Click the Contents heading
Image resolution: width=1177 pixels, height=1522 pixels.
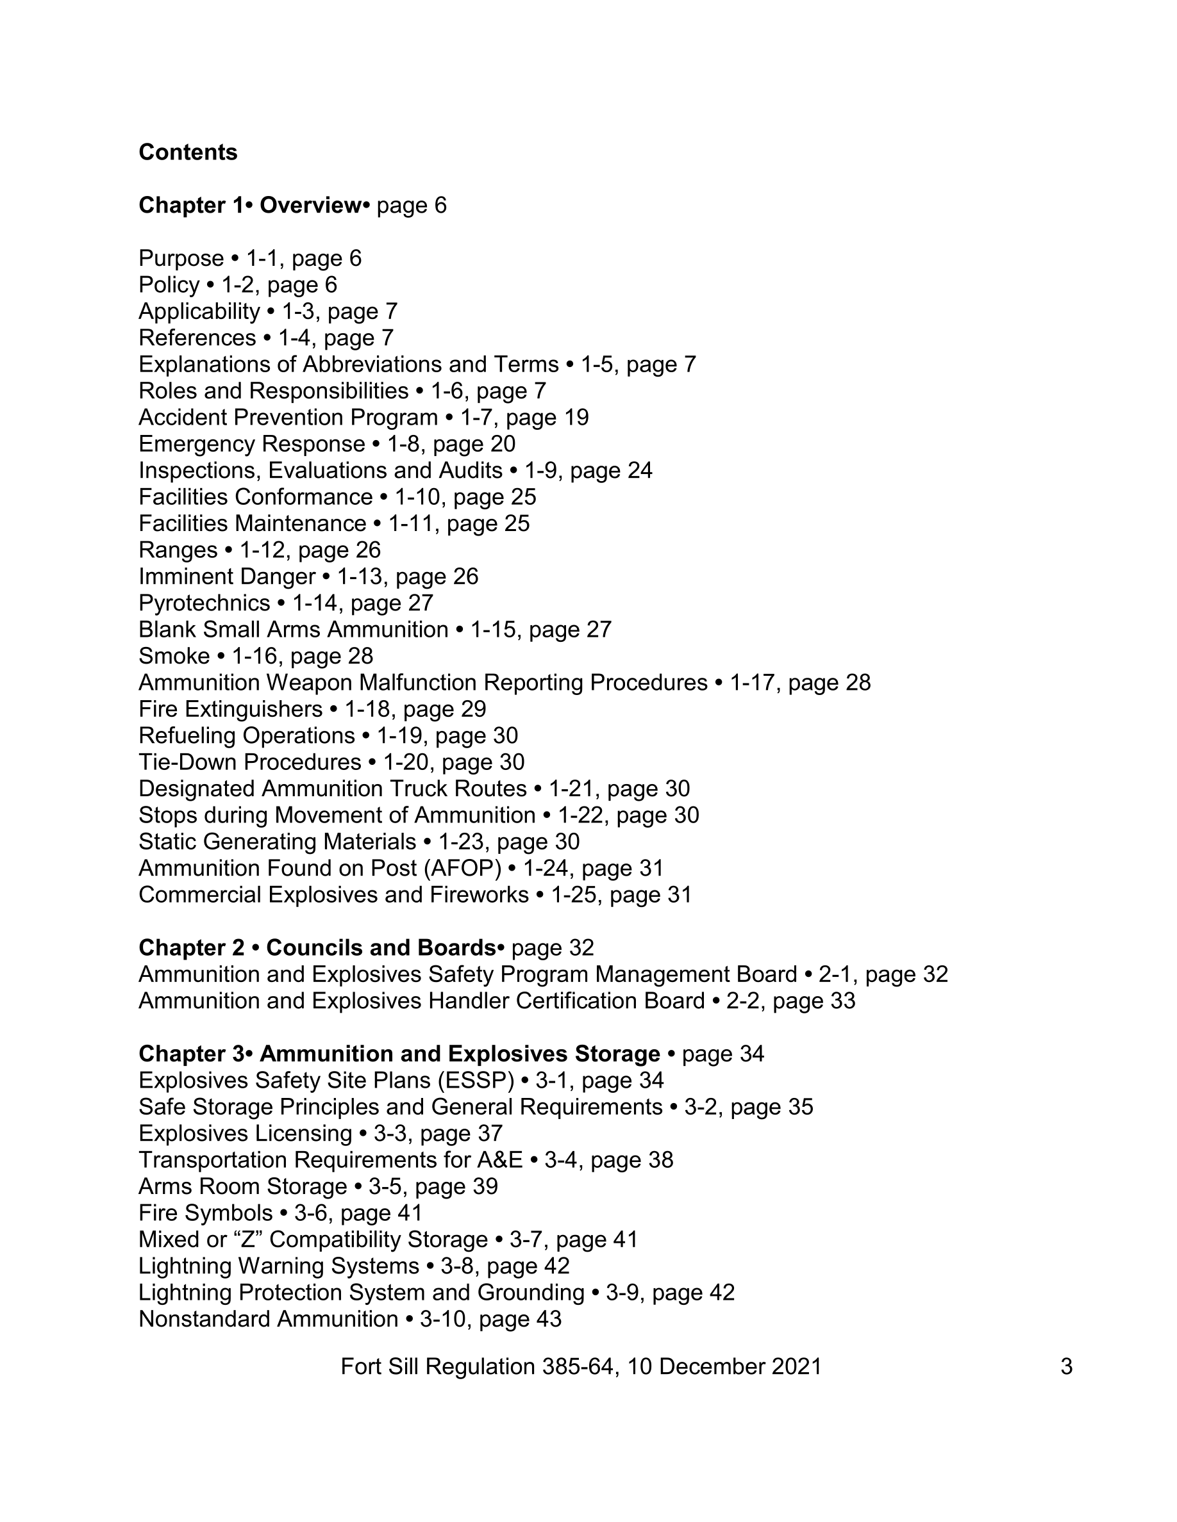(188, 152)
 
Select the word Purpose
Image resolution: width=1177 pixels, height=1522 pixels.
(181, 259)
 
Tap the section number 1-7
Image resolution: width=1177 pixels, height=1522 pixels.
(475, 418)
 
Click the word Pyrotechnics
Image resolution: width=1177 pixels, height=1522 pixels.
(205, 603)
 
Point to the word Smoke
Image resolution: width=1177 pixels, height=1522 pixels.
(174, 656)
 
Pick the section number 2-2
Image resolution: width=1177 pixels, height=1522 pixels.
(742, 1001)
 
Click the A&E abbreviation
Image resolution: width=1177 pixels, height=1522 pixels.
(499, 1159)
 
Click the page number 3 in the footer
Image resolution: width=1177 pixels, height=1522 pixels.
(1066, 1366)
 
